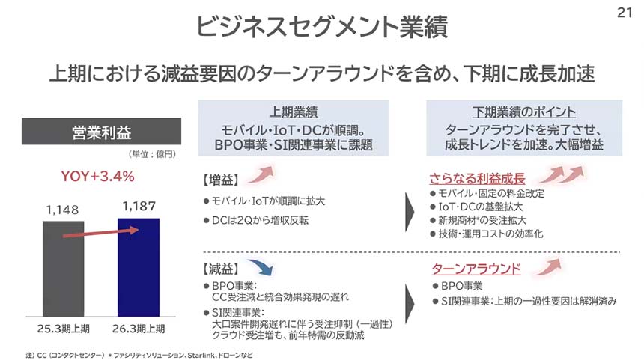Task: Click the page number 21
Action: tap(625, 13)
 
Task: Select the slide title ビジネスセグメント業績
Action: tap(322, 27)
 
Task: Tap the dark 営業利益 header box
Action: tap(101, 132)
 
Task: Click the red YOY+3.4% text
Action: tap(98, 177)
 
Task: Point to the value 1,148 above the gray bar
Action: tap(62, 210)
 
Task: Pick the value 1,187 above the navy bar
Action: tap(139, 206)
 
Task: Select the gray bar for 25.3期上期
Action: tap(63, 269)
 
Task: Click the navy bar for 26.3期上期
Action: tap(139, 267)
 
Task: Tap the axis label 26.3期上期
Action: tap(139, 329)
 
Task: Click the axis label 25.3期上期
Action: tap(63, 329)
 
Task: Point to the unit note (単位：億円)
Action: tap(152, 154)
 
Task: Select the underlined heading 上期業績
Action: tap(294, 112)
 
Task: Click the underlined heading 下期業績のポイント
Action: tap(524, 112)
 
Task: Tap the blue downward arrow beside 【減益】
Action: tap(261, 267)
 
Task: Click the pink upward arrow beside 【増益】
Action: tap(261, 174)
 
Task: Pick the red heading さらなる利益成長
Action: tap(477, 179)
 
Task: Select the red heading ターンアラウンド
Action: tap(476, 269)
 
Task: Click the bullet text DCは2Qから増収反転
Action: tap(260, 221)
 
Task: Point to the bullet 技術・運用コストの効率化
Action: tap(490, 234)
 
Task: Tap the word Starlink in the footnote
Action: tap(201, 355)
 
